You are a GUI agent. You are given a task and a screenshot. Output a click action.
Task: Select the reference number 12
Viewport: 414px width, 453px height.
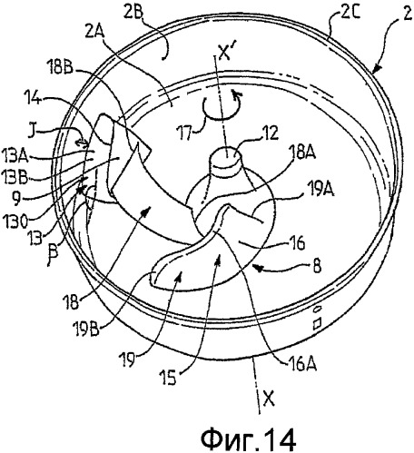270,133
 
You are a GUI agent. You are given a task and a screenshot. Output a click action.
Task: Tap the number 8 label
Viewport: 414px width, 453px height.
317,267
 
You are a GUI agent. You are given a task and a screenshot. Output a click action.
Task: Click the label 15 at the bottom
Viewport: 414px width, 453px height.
168,378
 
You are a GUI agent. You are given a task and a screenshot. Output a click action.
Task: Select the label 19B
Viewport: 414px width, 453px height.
85,329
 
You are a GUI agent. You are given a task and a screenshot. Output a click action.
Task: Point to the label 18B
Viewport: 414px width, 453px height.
60,68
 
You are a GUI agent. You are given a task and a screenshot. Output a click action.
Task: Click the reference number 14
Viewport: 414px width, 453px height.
33,98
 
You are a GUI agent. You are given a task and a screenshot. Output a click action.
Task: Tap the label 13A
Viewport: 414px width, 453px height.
15,157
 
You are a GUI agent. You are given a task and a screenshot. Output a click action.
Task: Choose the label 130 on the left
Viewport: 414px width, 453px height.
15,222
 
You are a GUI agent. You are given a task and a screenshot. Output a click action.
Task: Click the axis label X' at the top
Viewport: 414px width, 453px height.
224,54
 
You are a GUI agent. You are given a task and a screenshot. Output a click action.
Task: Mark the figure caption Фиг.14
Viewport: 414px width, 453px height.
249,438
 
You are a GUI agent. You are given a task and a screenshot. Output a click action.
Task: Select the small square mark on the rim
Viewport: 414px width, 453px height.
317,324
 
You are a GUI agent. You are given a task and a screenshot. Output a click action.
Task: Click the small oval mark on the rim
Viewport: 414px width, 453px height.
318,310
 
